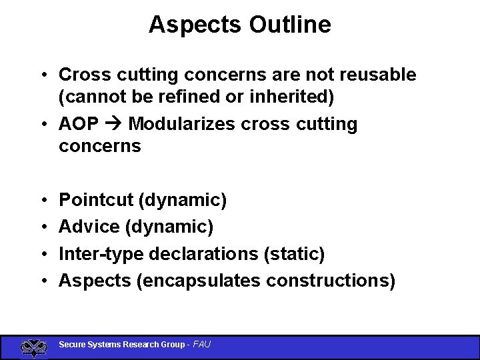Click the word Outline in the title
(290, 25)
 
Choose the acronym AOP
(79, 124)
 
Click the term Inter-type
(101, 254)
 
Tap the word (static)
(295, 254)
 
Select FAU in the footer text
(201, 345)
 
